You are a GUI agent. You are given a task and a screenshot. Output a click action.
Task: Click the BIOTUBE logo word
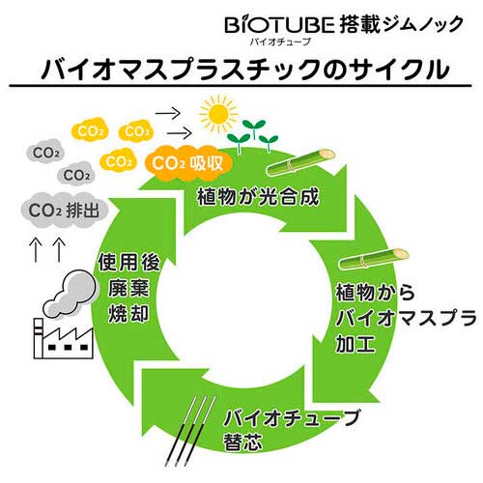(x=279, y=25)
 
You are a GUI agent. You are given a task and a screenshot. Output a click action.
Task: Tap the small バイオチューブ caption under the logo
(x=280, y=42)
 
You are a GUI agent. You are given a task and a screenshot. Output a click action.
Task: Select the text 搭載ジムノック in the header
(x=401, y=24)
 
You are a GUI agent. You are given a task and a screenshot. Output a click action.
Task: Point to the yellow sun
(x=218, y=114)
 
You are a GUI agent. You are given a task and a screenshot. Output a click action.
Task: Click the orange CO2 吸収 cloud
(x=188, y=163)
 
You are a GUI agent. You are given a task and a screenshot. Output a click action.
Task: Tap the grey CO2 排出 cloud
(x=65, y=210)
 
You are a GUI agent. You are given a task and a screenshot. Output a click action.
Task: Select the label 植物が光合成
(x=258, y=196)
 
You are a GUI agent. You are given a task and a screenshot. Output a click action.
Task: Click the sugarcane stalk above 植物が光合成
(x=301, y=162)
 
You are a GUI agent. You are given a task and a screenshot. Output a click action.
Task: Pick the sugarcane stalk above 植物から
(x=374, y=259)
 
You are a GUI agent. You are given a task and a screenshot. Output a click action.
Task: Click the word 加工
(x=355, y=344)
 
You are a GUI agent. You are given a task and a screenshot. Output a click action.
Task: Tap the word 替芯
(x=242, y=441)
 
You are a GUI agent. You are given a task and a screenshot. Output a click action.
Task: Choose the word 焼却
(x=128, y=313)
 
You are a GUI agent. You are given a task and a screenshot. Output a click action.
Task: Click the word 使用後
(x=128, y=262)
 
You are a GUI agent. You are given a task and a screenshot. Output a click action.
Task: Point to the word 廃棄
(x=128, y=288)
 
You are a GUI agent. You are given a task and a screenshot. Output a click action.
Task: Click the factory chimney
(x=39, y=338)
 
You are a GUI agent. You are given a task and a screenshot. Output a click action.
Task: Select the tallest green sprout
(x=254, y=128)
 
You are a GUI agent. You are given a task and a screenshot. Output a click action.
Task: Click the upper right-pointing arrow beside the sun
(x=168, y=113)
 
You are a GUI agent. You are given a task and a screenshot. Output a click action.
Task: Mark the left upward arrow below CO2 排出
(x=36, y=250)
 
